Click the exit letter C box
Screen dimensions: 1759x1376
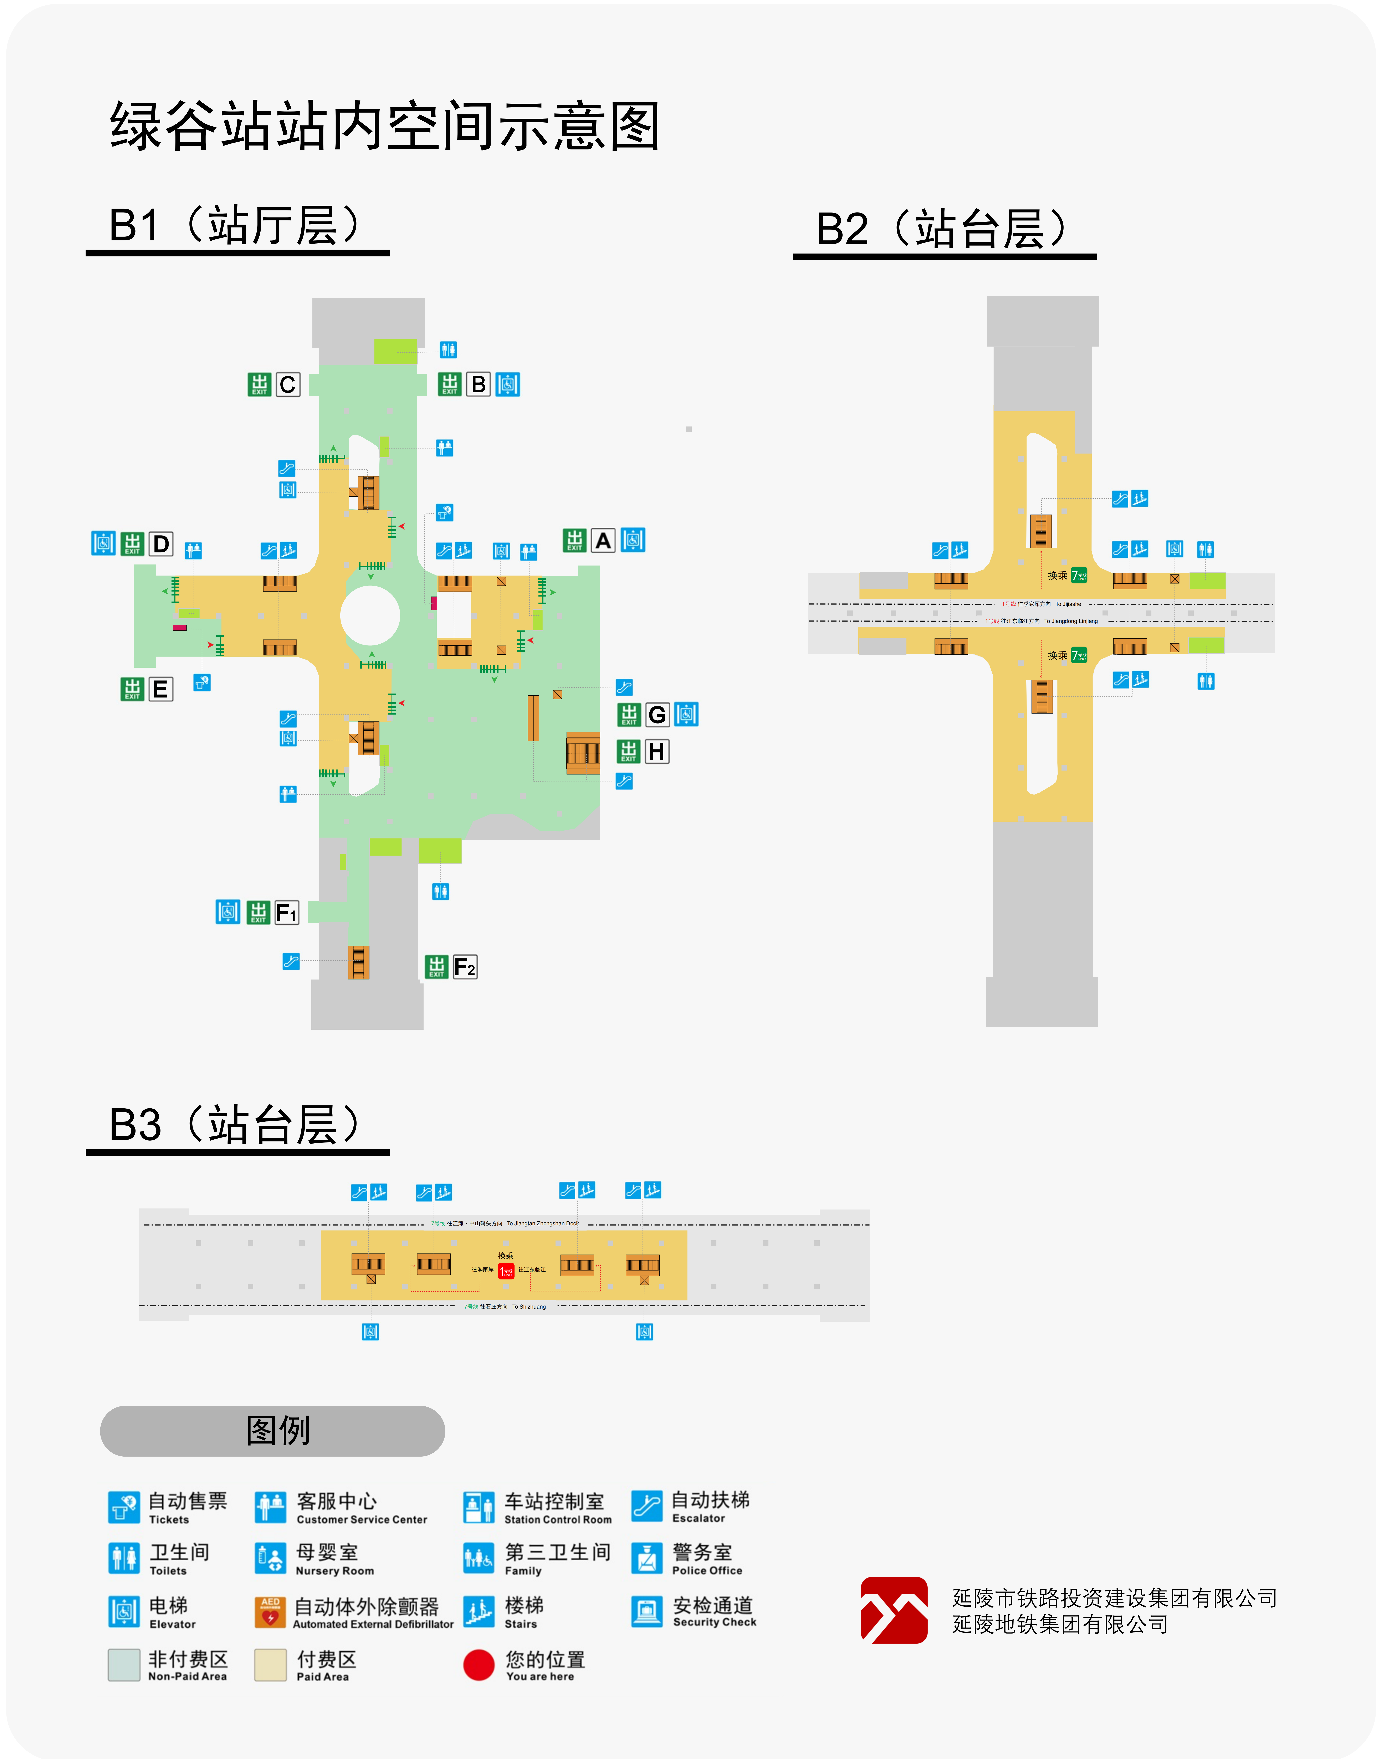point(288,385)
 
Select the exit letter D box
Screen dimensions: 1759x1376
point(161,544)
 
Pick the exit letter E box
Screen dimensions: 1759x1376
point(160,689)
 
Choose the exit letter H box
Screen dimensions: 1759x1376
point(657,751)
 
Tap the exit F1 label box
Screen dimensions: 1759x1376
point(286,912)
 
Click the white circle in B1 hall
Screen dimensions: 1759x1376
point(370,615)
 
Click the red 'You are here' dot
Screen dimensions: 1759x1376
point(479,1665)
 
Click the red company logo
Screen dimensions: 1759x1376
point(894,1610)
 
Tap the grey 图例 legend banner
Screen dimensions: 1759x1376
point(272,1430)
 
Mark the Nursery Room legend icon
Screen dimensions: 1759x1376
point(270,1558)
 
